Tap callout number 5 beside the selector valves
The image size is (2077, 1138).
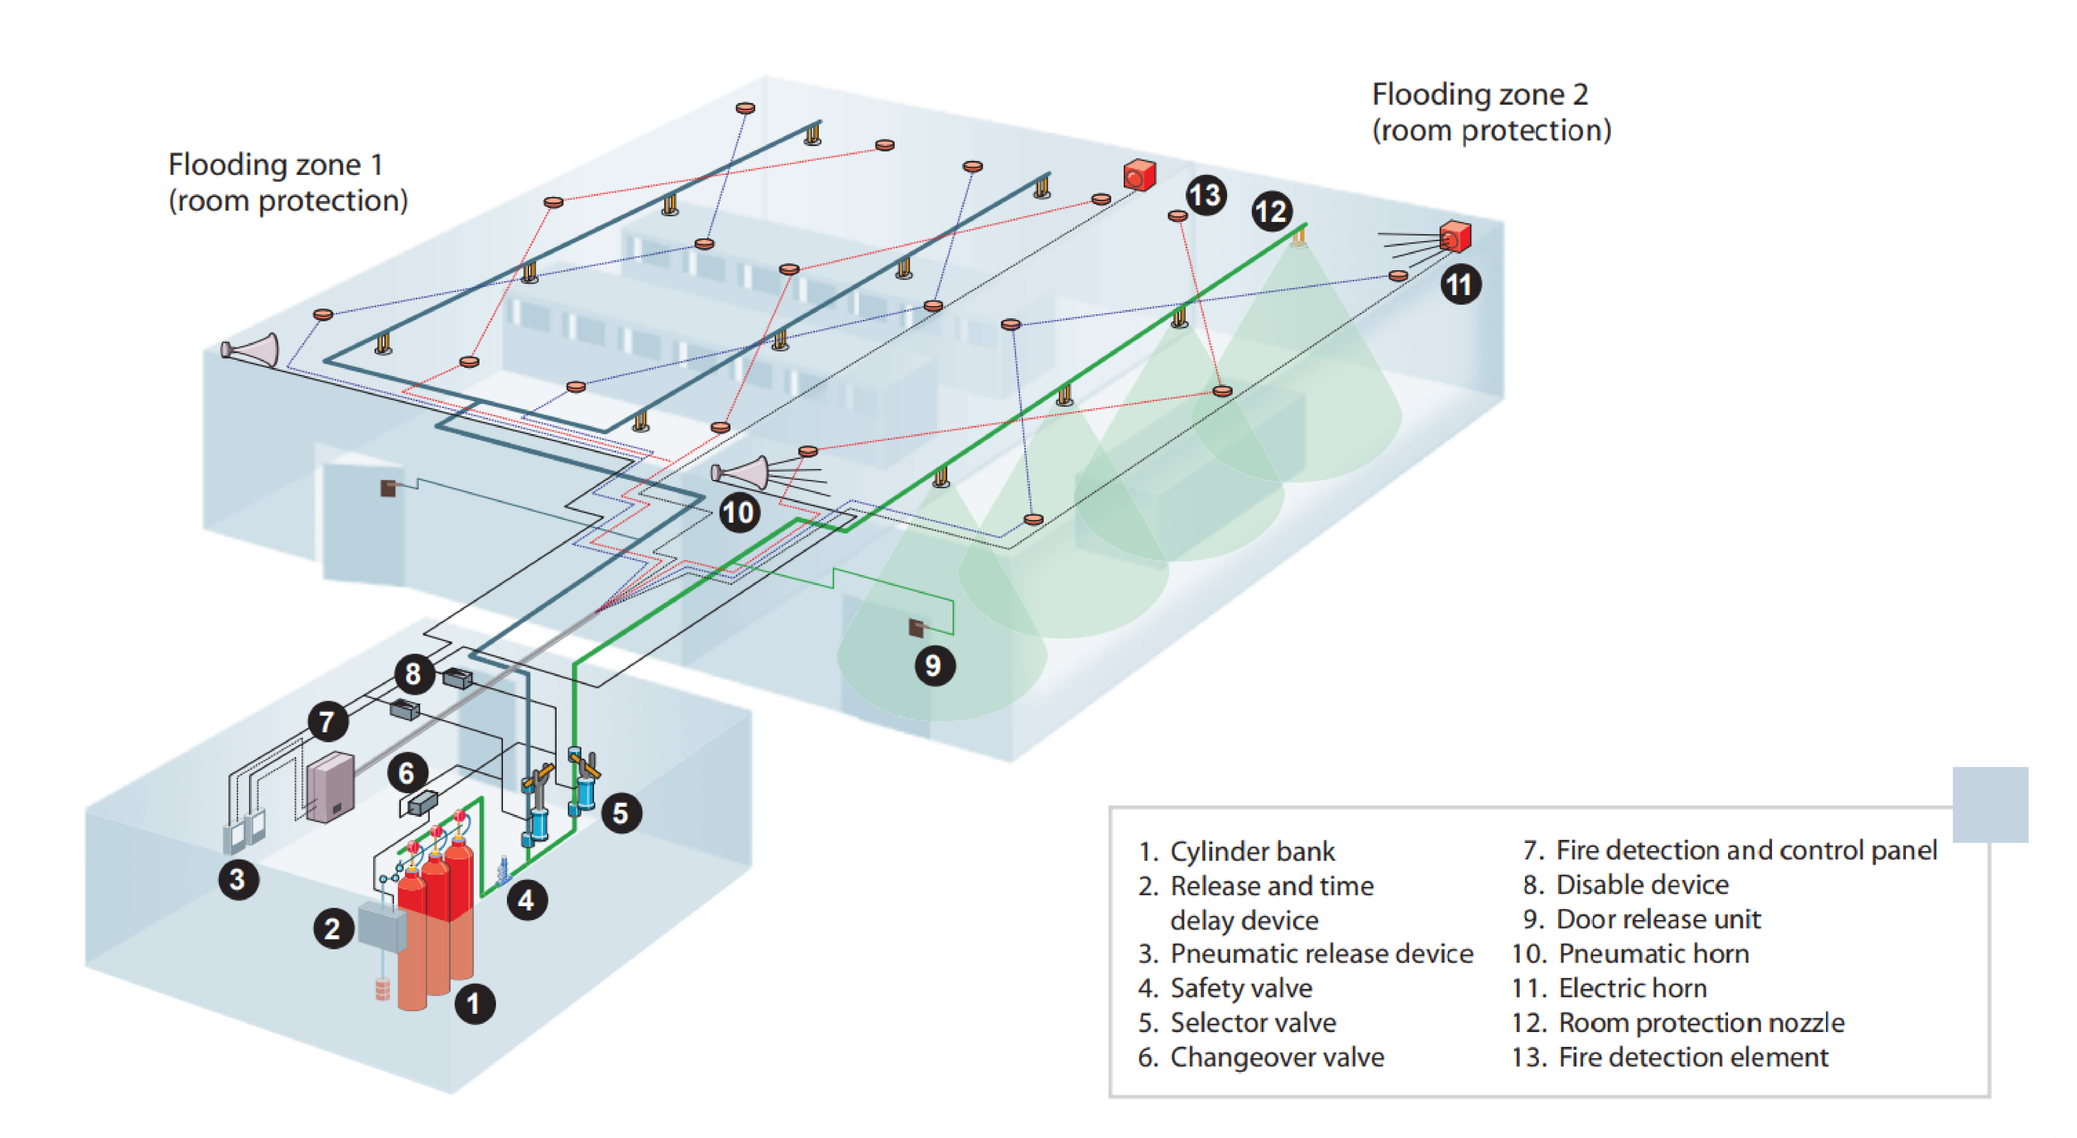point(621,813)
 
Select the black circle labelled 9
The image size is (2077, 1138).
point(934,665)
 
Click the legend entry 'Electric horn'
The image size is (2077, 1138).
point(1632,988)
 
